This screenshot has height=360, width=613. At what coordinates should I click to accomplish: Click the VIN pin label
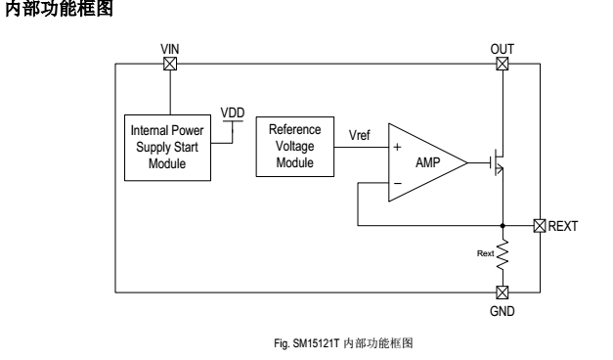coord(170,48)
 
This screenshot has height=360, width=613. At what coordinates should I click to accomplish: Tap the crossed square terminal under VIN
coord(170,65)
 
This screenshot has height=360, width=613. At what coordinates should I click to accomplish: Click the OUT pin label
coord(503,48)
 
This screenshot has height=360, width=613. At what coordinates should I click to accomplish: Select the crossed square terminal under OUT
coord(503,65)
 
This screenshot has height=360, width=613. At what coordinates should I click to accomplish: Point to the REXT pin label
coord(564,226)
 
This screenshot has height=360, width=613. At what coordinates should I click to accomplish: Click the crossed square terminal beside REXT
coord(540,226)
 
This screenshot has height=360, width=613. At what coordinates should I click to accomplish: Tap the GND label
coord(503,310)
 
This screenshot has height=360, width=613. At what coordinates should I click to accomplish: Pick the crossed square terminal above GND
coord(503,292)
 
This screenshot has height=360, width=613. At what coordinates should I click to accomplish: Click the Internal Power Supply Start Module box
coord(170,150)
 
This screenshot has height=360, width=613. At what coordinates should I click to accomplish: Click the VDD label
coord(233,112)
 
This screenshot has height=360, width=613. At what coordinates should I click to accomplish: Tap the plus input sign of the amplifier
coord(397,149)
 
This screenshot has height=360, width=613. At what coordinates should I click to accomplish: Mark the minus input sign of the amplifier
coord(397,182)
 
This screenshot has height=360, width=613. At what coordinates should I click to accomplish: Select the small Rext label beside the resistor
coord(485,252)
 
